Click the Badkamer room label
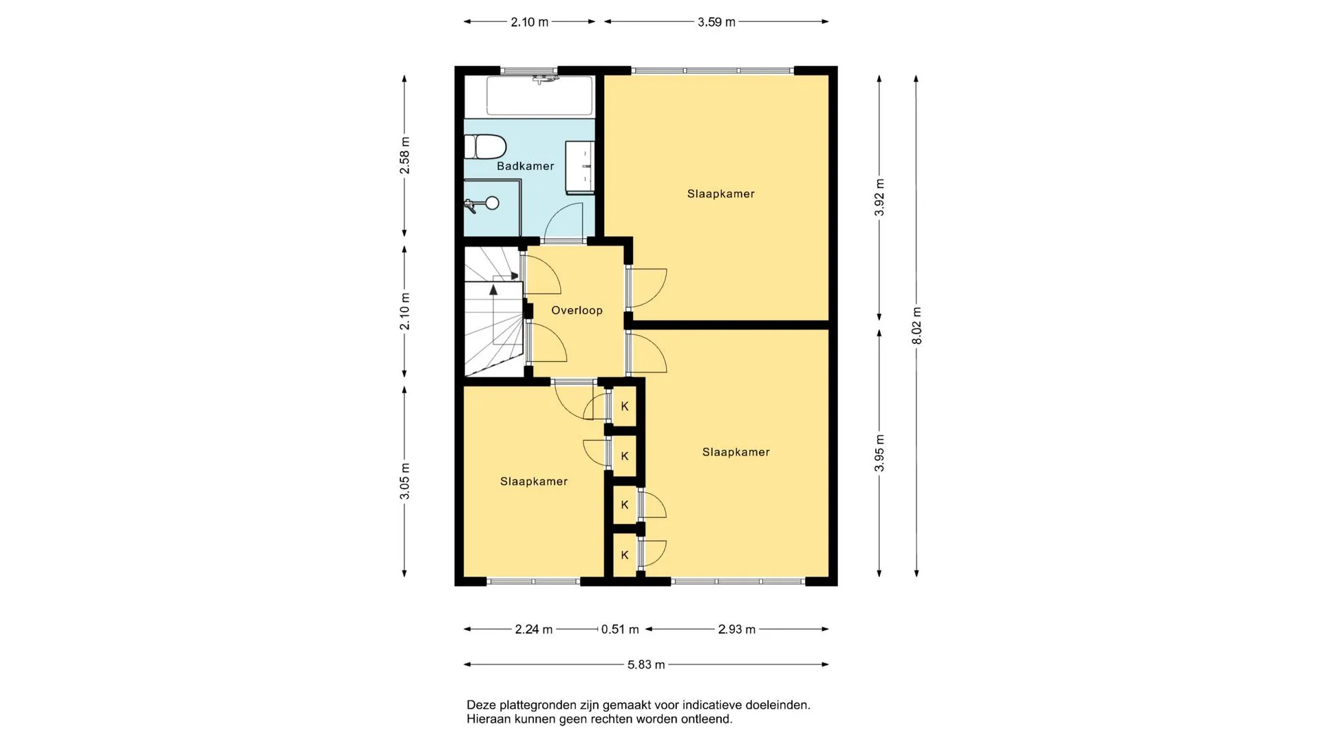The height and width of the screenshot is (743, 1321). point(526,166)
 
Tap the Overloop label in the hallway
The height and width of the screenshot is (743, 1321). point(577,310)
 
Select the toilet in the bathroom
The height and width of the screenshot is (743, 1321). point(485,147)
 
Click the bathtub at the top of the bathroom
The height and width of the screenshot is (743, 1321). point(539,96)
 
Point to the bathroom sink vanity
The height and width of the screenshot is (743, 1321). point(580,167)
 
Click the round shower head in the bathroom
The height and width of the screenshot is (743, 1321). point(492,202)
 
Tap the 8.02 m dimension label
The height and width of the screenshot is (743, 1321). point(916,326)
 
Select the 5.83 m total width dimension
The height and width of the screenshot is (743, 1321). point(646,665)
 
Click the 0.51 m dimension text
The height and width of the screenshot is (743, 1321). point(620,629)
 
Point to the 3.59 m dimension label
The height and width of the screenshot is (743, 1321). point(716,22)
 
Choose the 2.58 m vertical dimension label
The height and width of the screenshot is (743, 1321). point(405,155)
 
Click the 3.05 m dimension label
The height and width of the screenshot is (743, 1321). point(405,482)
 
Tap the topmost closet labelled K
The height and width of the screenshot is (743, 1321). point(625,407)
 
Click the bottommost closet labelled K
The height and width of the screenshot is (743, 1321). point(625,555)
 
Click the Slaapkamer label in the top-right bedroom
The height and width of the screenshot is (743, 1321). point(721,194)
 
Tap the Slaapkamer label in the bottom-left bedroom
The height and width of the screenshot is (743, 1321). point(534,482)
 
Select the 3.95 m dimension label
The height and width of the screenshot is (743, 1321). point(879,453)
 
